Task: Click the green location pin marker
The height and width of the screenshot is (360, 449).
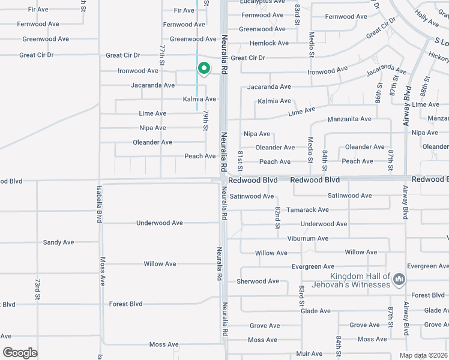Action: click(203, 70)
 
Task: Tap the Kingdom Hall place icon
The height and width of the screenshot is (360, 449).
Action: click(400, 280)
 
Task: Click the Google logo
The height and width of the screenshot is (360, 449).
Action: click(20, 353)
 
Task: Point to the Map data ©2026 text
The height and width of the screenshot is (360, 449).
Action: click(423, 355)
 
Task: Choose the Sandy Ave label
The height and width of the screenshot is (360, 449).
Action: click(58, 242)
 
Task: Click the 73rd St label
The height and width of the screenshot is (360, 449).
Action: click(37, 289)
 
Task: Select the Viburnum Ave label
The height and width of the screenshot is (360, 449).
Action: click(306, 238)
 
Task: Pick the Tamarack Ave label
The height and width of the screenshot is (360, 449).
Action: click(307, 210)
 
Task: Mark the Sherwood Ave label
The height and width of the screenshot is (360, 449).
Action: click(258, 281)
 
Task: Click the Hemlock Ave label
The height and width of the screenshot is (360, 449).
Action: click(270, 43)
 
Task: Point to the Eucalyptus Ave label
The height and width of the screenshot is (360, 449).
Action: click(261, 2)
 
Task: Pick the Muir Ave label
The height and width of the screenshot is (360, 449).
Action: click(309, 354)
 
